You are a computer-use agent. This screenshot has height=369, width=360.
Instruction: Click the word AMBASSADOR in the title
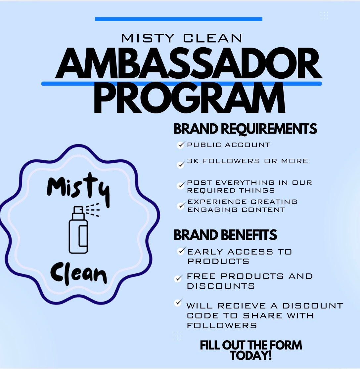coord(189,63)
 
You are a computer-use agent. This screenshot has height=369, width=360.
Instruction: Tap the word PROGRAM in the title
coord(190,98)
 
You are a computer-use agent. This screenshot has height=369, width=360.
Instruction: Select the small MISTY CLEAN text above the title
coord(182,38)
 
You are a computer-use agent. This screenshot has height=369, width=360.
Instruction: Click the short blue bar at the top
coord(178,19)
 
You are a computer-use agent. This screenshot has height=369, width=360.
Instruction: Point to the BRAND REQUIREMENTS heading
coord(245,129)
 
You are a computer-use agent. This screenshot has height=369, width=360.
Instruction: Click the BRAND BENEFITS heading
coord(225,235)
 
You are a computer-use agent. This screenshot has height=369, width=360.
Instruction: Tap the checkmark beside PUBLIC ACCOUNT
coord(181,145)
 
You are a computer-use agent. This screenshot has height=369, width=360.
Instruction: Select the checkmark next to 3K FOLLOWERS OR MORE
coord(181,164)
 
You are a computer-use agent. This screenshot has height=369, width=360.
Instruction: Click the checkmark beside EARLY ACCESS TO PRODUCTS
coord(181,251)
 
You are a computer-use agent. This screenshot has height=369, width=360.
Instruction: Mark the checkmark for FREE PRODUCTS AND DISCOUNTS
coord(178,278)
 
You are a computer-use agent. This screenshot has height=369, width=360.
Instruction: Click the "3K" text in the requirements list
coord(193,161)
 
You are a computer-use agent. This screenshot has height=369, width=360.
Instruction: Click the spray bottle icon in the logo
coord(78,230)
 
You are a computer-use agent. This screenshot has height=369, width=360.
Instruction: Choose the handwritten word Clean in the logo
coord(79,273)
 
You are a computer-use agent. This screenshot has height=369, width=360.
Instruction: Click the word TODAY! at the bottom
coord(251,355)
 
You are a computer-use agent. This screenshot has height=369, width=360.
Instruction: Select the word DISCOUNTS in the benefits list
coord(221,286)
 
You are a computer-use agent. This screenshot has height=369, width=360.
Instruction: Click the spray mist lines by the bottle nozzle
coord(93,209)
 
